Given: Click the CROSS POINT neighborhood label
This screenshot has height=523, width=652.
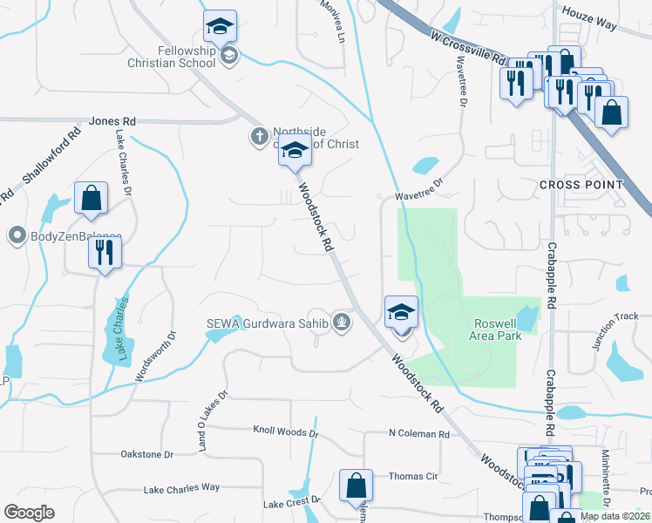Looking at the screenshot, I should [x=581, y=185].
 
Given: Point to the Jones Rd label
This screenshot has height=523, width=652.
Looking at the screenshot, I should [x=112, y=121].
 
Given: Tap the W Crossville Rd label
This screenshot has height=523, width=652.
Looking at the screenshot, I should [x=468, y=48].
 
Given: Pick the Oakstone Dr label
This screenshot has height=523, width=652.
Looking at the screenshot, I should [x=146, y=454].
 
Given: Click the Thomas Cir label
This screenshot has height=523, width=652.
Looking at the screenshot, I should [x=412, y=476].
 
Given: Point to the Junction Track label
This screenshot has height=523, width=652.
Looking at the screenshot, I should [x=609, y=330].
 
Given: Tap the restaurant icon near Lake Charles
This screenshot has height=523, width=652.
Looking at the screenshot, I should [x=105, y=253].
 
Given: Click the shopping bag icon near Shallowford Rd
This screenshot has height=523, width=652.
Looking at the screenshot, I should [x=91, y=198].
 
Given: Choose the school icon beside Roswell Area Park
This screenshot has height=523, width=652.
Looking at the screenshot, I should [x=401, y=311].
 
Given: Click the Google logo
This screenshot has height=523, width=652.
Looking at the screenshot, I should [x=30, y=512].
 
